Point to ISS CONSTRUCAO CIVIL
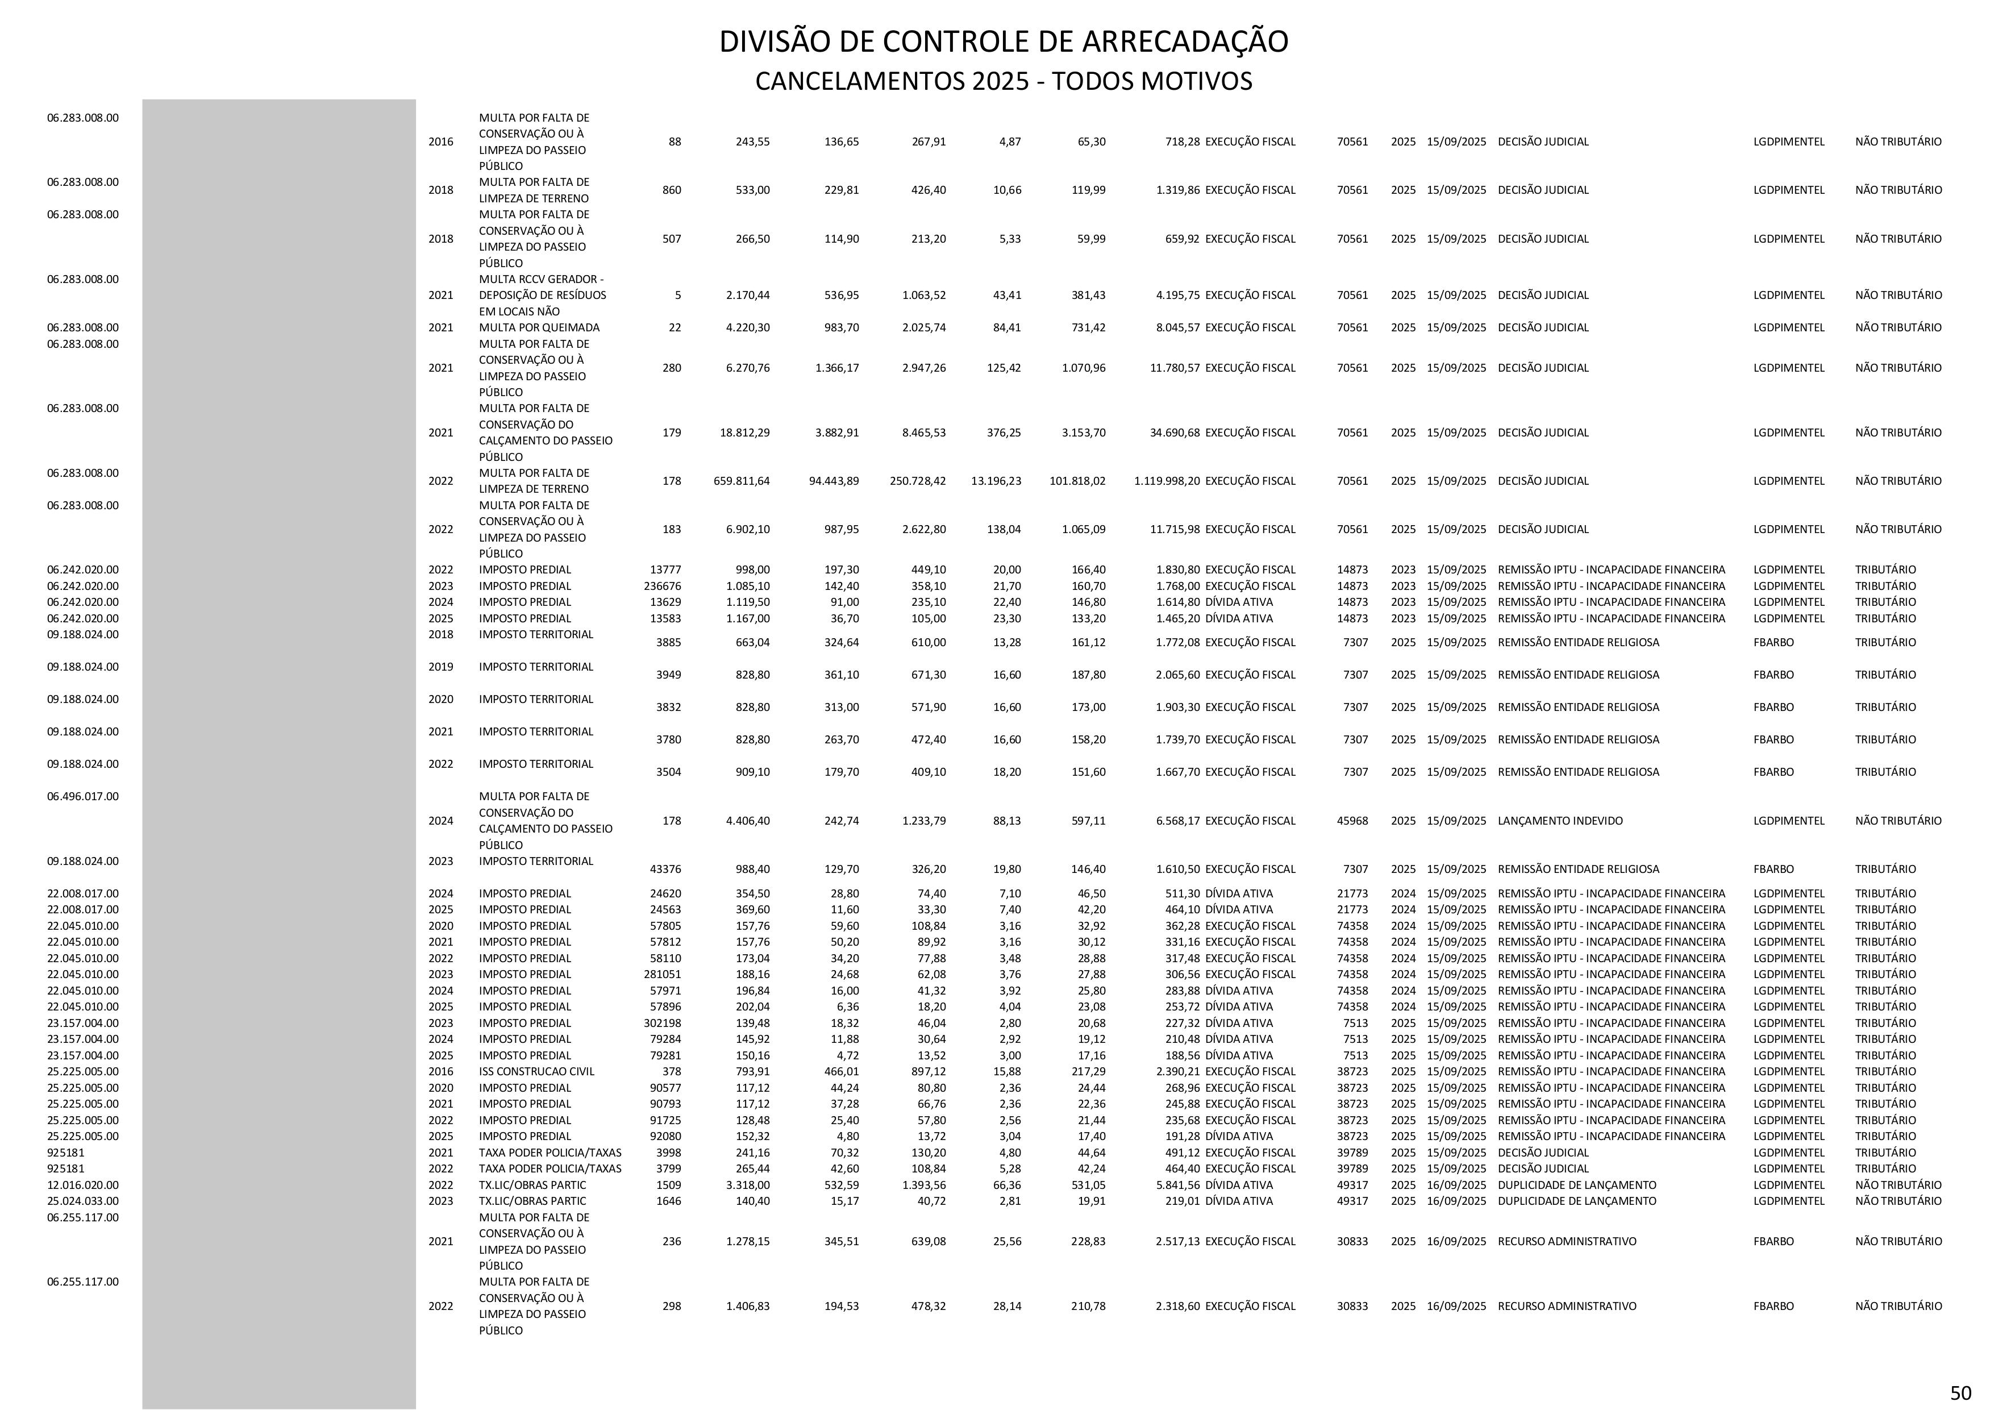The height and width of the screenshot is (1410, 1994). click(x=536, y=1071)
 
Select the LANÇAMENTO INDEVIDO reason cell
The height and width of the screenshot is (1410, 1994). click(x=1560, y=820)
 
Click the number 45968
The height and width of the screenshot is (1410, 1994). click(x=1352, y=820)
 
